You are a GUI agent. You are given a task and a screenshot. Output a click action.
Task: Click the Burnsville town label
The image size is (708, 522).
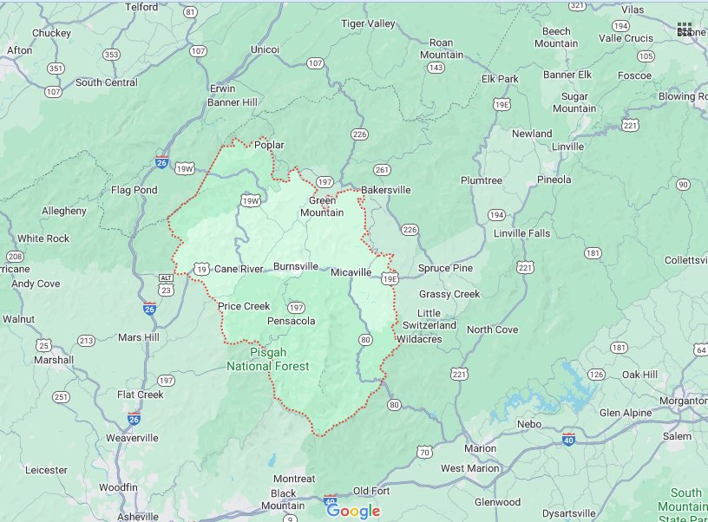(x=295, y=267)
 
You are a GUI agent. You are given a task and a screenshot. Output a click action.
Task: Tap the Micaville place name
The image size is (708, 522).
(x=351, y=272)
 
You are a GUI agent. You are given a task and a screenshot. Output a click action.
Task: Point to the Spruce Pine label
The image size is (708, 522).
(x=445, y=268)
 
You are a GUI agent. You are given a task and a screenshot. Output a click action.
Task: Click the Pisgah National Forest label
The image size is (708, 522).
(x=267, y=360)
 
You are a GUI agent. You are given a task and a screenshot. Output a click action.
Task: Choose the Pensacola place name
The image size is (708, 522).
(x=291, y=321)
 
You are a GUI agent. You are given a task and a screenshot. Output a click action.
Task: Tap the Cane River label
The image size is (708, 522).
(x=239, y=269)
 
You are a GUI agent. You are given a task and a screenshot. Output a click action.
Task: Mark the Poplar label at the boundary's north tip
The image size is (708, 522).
(x=269, y=146)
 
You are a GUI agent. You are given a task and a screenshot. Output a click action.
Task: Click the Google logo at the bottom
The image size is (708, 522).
(x=353, y=511)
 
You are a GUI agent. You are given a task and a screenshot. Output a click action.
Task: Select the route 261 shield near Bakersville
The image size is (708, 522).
(x=383, y=170)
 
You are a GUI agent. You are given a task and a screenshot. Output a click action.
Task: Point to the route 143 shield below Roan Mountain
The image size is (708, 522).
(x=436, y=68)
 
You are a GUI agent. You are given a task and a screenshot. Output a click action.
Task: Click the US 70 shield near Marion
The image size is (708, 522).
(x=424, y=452)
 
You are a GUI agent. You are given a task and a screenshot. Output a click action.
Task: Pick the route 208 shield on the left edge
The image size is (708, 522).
(x=14, y=257)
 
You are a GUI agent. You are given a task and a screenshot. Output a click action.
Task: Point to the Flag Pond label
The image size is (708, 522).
(x=134, y=190)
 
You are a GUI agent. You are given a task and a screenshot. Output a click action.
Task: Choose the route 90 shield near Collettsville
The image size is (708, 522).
(x=683, y=185)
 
